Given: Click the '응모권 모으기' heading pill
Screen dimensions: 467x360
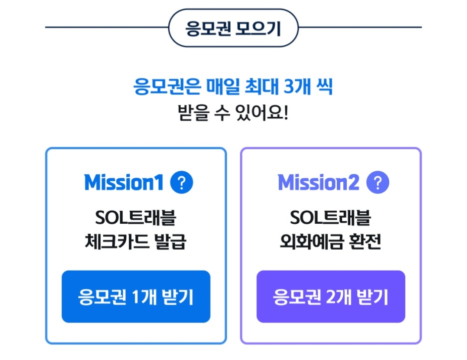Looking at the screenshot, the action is click(x=233, y=28).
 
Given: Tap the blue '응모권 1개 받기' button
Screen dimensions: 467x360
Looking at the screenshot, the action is click(x=136, y=297).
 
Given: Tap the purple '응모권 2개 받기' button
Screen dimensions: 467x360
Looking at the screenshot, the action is click(x=331, y=297).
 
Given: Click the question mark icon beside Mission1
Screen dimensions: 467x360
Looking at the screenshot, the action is click(x=181, y=183).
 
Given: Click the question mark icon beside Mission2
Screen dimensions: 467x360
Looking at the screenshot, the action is click(x=377, y=183).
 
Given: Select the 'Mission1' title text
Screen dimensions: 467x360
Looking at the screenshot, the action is click(x=124, y=183).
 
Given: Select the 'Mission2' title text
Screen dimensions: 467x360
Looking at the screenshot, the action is click(x=318, y=183).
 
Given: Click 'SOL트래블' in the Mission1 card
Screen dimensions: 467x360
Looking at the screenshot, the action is click(x=136, y=218).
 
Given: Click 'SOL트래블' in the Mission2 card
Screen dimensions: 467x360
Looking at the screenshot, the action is click(x=331, y=218).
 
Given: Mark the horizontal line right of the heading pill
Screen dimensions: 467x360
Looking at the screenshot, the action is click(x=360, y=27).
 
